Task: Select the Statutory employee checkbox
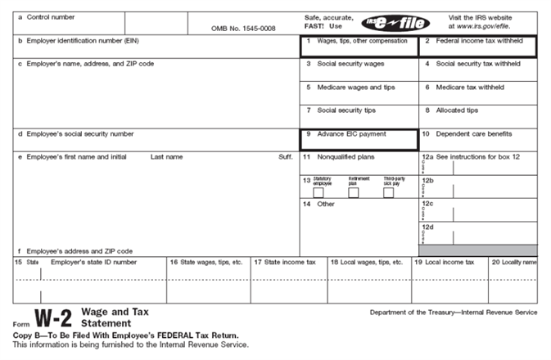tap(318, 193)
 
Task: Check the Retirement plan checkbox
tap(354, 193)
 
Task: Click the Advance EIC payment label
tap(351, 133)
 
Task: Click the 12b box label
tap(427, 179)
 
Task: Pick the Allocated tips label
tap(457, 110)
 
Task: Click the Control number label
tap(52, 16)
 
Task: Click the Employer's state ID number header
tap(93, 263)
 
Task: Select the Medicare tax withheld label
tap(469, 87)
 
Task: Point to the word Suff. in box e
tap(284, 156)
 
